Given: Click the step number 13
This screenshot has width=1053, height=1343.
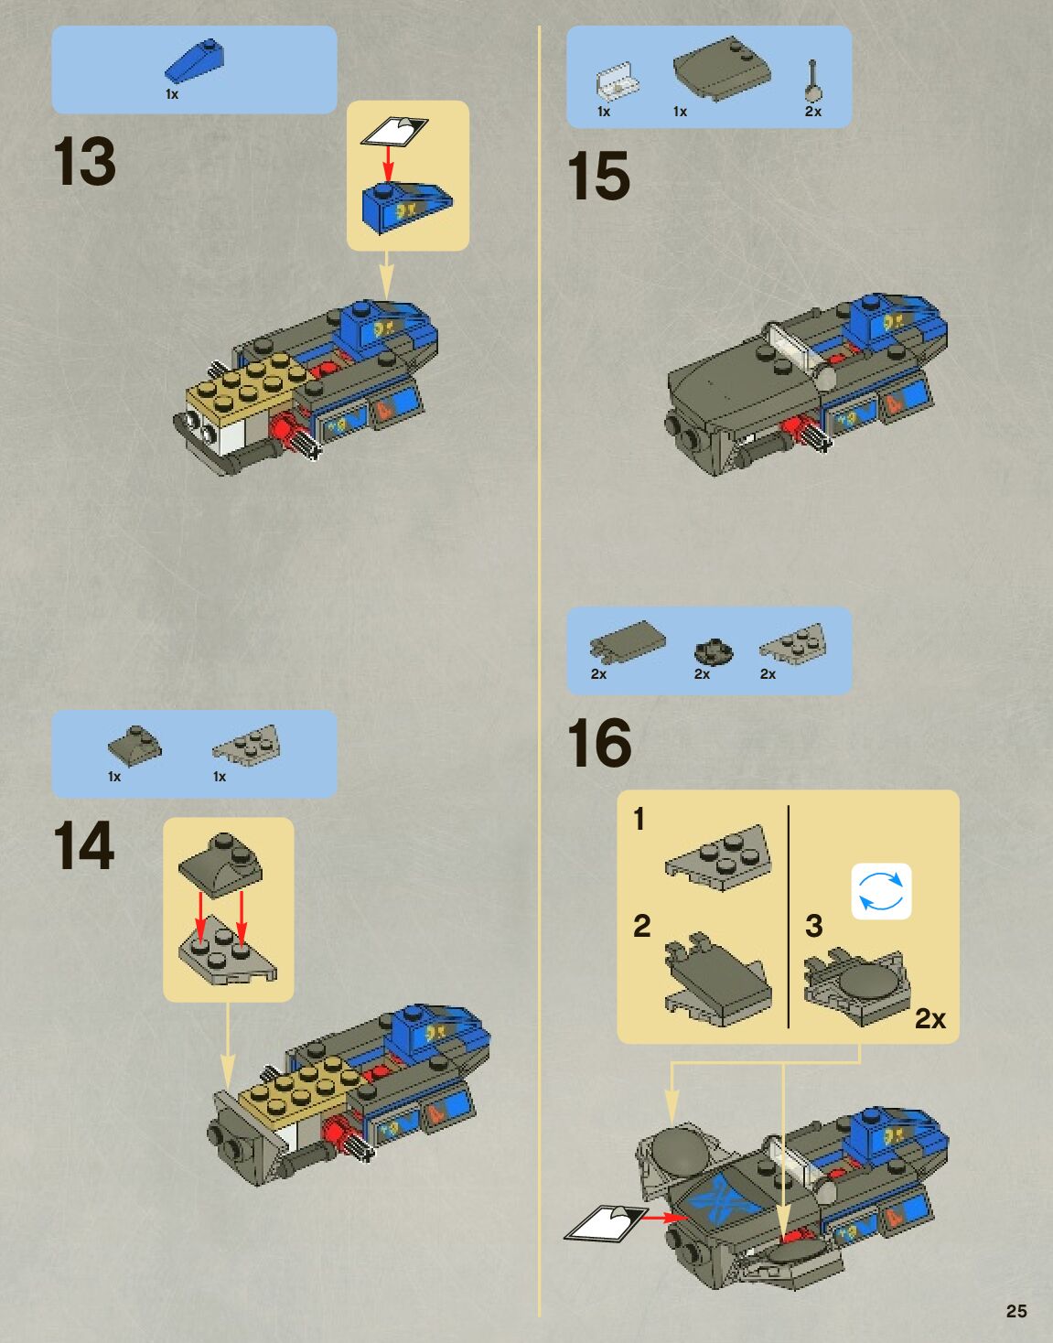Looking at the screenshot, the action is click(85, 161).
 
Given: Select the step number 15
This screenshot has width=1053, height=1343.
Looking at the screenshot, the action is click(599, 177).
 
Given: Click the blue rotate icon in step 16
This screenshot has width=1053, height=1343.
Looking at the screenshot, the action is click(881, 891).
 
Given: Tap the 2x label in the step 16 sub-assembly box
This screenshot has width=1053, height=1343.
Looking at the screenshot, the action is click(930, 1019).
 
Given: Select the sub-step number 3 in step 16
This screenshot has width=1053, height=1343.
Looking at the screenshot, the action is click(814, 926).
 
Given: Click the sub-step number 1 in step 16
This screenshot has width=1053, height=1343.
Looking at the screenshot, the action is click(639, 820).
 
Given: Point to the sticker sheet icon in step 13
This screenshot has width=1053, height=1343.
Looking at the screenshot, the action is click(394, 132).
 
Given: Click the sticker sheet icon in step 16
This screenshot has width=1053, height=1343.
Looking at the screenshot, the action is click(606, 1222).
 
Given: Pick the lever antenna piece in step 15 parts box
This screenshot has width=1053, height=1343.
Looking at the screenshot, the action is click(814, 81).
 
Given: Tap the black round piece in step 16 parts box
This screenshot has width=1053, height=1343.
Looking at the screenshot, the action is click(714, 651).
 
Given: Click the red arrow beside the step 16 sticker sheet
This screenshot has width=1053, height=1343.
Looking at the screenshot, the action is click(664, 1217).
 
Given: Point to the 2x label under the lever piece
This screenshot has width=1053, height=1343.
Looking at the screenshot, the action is click(813, 112).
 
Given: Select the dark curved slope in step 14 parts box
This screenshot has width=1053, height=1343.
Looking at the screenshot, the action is click(134, 744).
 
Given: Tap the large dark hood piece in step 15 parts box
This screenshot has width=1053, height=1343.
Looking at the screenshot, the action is click(722, 69).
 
